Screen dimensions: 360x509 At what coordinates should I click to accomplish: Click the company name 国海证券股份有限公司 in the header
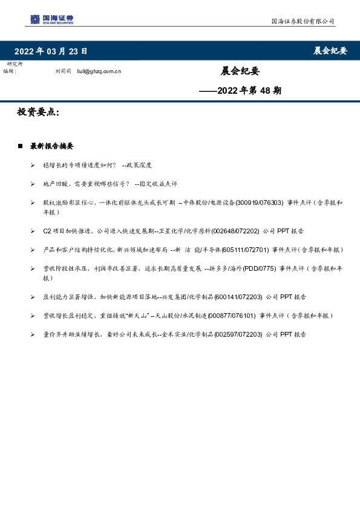pos(302,22)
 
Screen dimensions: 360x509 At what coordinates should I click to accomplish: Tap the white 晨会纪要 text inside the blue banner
pos(330,51)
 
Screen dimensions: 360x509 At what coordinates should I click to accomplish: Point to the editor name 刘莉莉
pos(63,71)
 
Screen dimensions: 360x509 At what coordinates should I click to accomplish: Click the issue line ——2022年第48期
pos(240,91)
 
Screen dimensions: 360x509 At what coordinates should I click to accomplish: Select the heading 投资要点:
pos(38,112)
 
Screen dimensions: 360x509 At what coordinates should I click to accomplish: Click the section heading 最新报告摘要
pos(52,146)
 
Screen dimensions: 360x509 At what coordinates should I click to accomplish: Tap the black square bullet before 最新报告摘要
pos(21,146)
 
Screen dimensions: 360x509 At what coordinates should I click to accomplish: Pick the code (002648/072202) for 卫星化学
pos(235,231)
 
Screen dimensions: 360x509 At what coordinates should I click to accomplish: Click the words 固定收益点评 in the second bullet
pos(157,184)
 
